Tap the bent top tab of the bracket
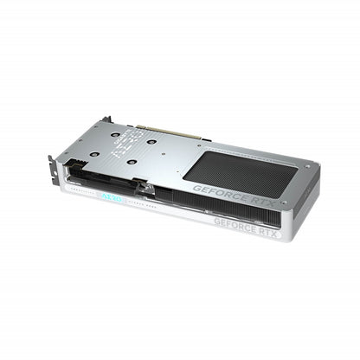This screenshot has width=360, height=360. pyautogui.click(x=105, y=119)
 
